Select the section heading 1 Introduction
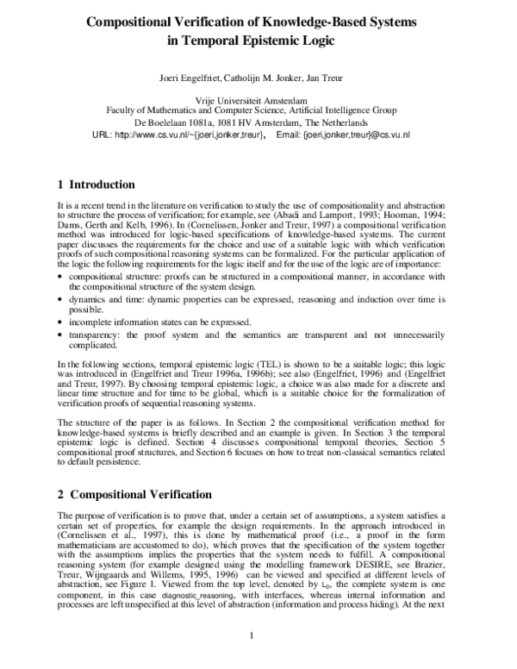95,184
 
